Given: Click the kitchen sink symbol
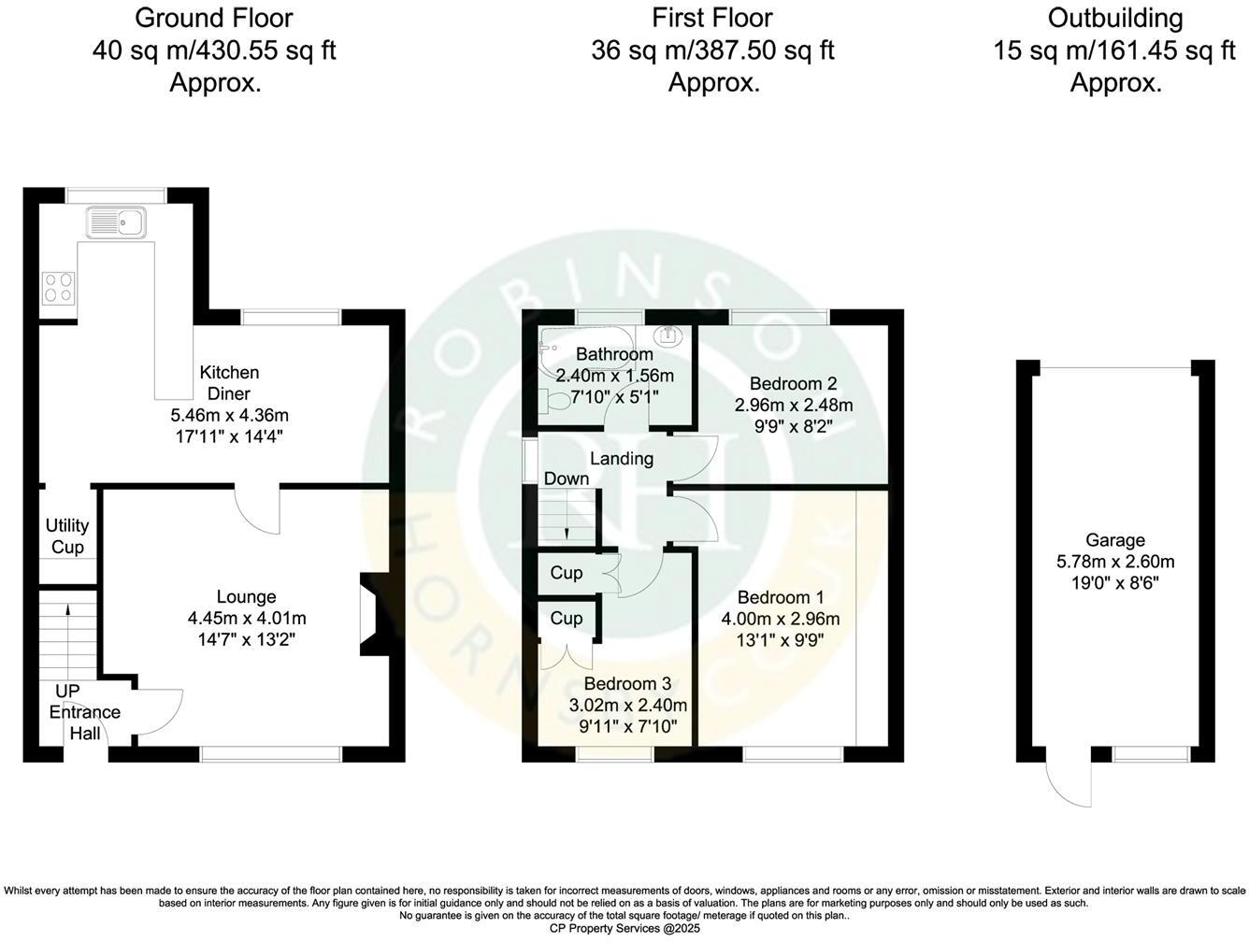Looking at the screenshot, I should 115,223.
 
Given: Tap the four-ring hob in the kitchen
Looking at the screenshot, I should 58,287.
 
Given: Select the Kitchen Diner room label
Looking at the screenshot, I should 229,383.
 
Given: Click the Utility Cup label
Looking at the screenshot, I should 67,536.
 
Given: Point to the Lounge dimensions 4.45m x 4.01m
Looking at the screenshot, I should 247,618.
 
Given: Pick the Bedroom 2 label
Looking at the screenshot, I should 793,382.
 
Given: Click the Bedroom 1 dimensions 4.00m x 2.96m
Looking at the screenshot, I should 781,619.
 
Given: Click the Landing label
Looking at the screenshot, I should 622,459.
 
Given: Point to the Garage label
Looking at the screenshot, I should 1115,540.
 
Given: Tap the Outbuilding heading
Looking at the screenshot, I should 1115,18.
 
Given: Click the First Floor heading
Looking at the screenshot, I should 713,18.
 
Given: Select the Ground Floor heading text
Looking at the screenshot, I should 214,18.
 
